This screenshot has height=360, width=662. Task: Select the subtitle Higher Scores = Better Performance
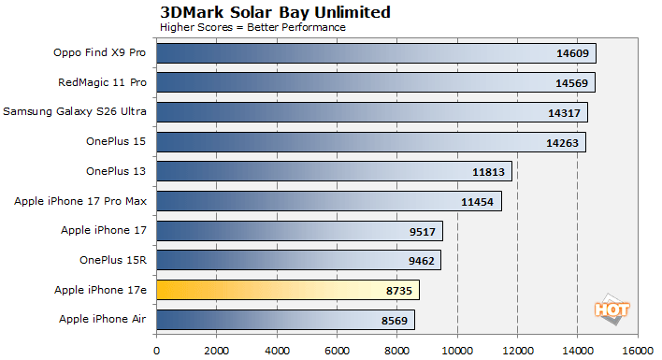252,27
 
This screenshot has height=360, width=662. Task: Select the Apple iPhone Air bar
285,320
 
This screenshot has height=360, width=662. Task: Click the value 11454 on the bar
479,202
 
